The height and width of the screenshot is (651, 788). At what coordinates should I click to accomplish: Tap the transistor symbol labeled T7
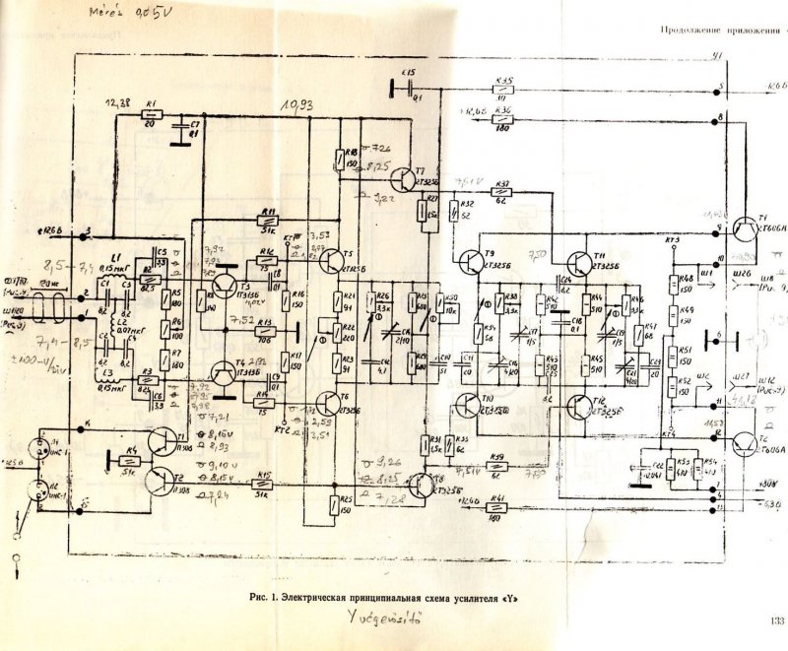[403, 179]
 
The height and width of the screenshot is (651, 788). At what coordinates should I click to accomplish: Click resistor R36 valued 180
[503, 121]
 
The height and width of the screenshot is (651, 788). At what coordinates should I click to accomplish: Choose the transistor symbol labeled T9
[467, 262]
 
